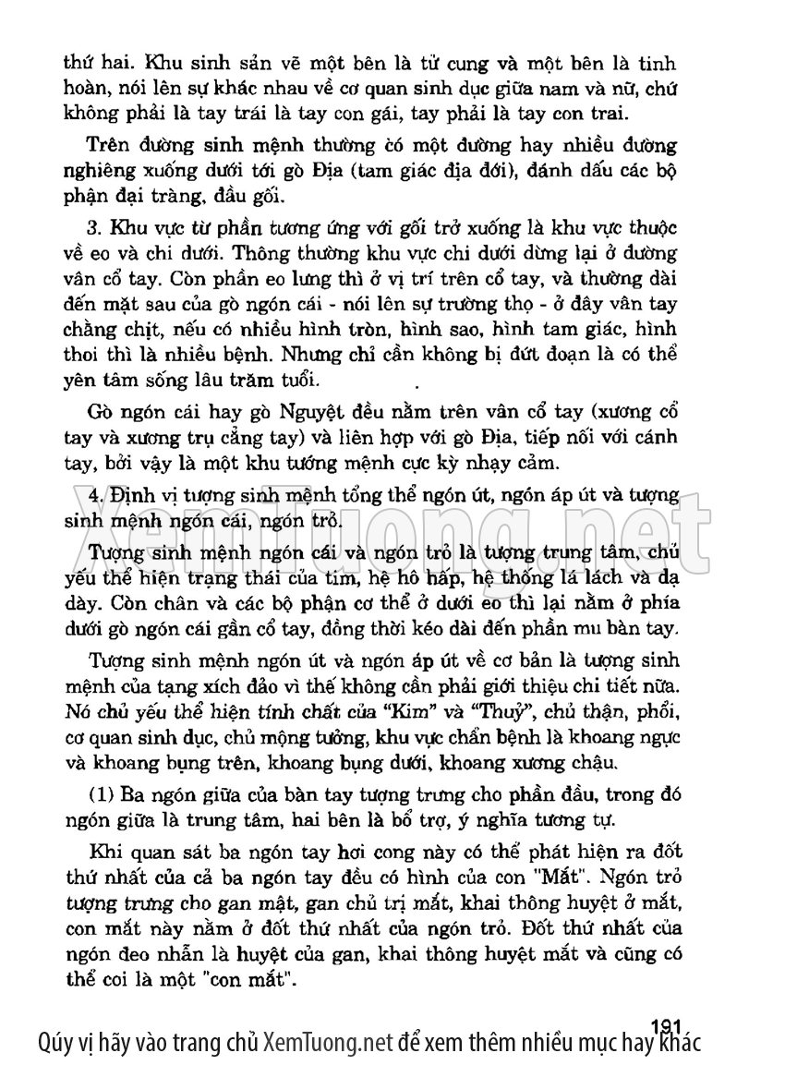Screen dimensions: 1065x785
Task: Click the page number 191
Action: coord(665,1025)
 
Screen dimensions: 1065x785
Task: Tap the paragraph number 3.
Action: coord(91,227)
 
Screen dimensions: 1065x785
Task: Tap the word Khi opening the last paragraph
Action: coord(103,850)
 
